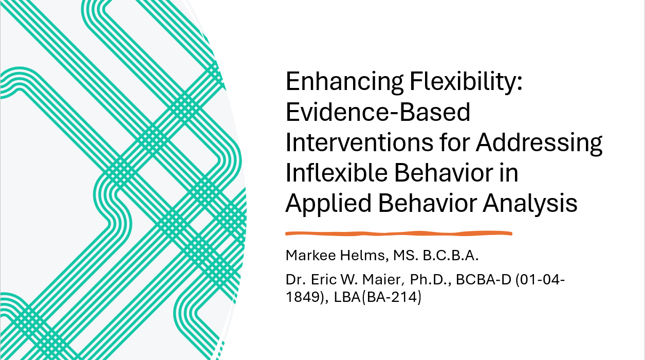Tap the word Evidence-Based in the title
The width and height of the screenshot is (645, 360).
tap(378, 113)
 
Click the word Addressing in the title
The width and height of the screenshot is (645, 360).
tap(539, 143)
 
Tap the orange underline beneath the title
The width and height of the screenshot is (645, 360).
tap(399, 233)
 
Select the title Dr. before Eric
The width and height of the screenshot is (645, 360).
tap(295, 280)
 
